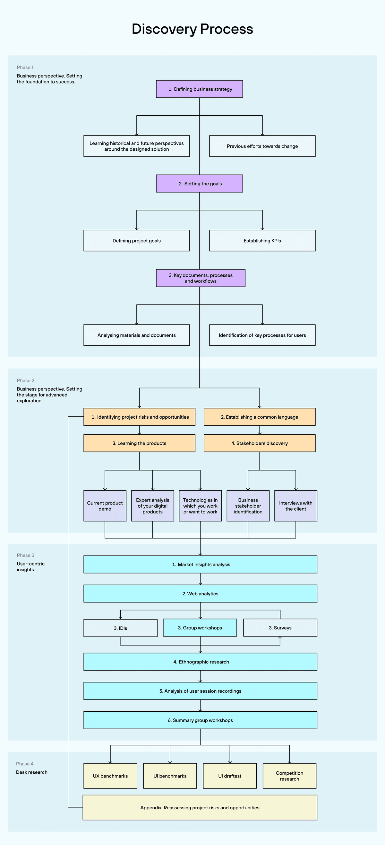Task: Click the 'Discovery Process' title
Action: point(192,29)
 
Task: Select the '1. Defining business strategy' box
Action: point(200,89)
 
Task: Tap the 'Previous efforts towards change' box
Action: point(262,146)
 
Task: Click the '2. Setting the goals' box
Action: point(200,183)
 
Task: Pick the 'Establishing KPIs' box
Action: point(262,240)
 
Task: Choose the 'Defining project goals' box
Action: point(137,240)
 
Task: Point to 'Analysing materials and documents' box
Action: point(137,335)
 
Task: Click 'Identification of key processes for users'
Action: point(262,335)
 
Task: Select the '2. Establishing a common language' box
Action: point(260,417)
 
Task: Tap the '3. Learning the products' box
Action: point(139,443)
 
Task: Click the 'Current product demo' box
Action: point(105,506)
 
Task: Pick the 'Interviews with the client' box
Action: point(296,506)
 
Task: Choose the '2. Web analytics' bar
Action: point(200,593)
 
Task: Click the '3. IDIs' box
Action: point(121,628)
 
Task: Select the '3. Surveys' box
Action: point(280,627)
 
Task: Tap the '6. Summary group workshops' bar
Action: point(200,720)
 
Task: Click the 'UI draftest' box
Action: point(230,776)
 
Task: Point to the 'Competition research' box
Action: point(289,776)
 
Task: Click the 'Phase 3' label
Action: point(26,555)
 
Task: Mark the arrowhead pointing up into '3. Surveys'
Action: point(280,638)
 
